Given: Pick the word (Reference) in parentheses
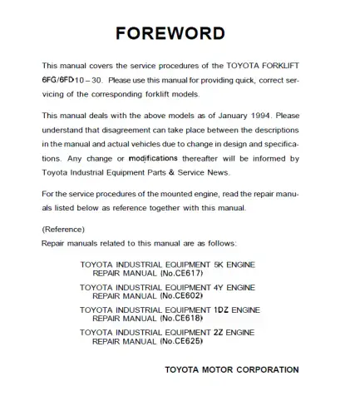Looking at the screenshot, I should coord(63,228).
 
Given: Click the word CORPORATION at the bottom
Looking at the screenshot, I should coord(264,369).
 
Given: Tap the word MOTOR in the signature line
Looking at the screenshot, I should coord(213,369).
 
